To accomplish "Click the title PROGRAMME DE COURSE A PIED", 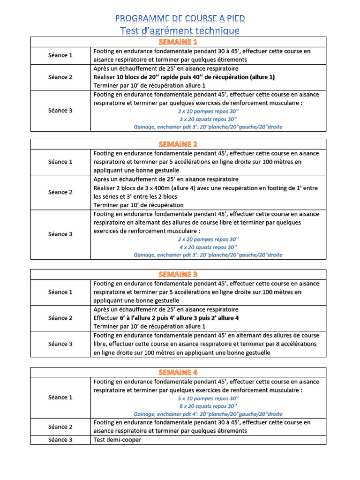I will point(180,19).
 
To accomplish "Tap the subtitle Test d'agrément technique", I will point(180,31).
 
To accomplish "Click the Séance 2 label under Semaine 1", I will point(60,77).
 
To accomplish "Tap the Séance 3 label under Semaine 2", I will point(60,234).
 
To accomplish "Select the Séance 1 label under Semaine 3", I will point(60,292).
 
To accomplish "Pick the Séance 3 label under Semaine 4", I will point(60,440).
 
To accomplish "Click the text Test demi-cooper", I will point(117,440).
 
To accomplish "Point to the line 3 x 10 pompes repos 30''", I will point(208,111).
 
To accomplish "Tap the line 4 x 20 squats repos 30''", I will point(208,247).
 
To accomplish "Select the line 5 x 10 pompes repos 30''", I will point(208,398).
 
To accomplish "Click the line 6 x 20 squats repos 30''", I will point(208,406).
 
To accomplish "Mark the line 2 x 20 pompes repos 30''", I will point(208,239).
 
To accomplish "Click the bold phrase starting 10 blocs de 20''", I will point(195,77).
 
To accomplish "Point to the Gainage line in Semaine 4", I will point(208,414).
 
